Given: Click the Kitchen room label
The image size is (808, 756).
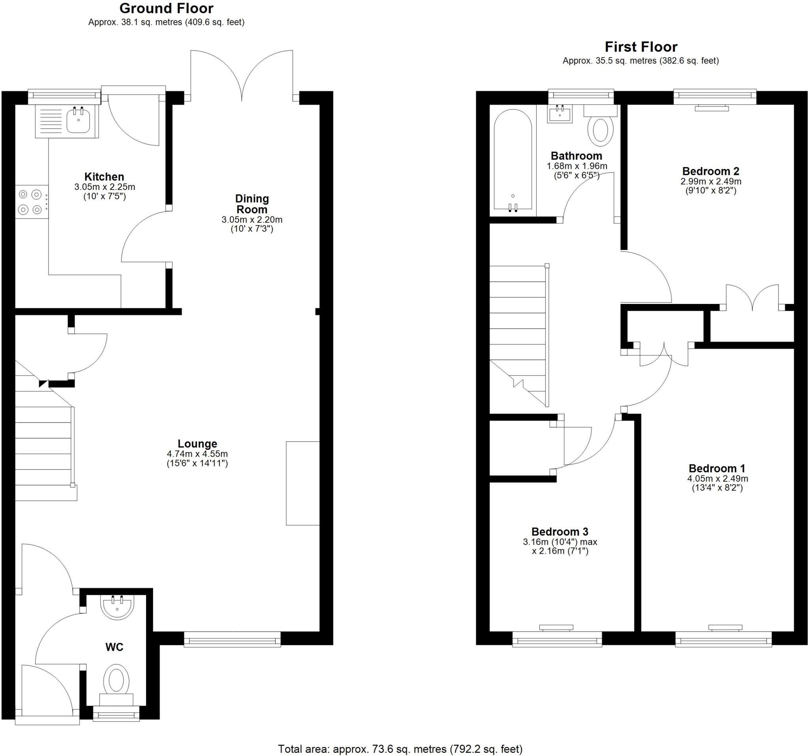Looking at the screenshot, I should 104,177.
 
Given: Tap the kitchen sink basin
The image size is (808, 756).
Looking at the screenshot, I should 78,121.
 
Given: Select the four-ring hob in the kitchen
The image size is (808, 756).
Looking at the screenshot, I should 31,202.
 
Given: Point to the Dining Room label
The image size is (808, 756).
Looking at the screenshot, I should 252,204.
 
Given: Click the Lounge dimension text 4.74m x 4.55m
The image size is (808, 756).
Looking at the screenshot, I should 197,454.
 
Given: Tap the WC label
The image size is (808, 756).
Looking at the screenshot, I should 114,647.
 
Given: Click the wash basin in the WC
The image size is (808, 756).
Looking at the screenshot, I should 117,607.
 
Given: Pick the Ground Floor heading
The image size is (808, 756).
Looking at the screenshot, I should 166,8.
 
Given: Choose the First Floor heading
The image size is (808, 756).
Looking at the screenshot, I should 641,47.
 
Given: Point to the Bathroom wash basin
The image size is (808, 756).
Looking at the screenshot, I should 560,114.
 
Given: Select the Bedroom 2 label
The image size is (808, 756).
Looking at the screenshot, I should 711,171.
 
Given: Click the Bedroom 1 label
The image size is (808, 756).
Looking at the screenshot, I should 717,468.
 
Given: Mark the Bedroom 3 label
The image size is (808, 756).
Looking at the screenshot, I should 560,531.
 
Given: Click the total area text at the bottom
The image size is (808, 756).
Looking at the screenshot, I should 400,749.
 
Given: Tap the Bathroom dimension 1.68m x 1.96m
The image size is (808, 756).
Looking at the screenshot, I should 577,166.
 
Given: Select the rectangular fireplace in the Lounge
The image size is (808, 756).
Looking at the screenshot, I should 302,483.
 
